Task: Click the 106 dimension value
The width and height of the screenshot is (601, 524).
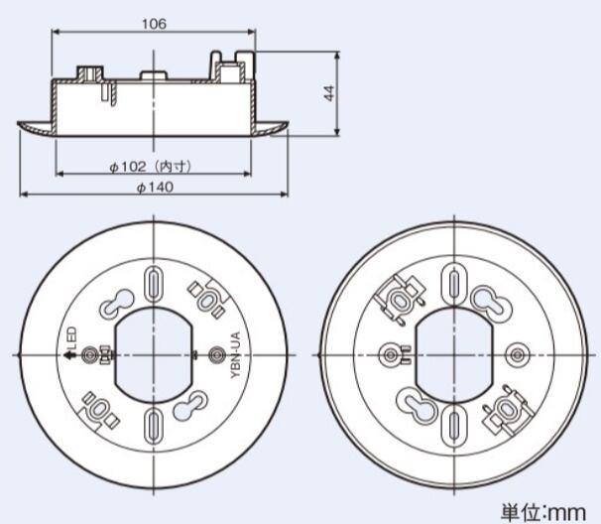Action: coord(155,24)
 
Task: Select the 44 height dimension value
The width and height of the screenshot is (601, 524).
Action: coord(329,93)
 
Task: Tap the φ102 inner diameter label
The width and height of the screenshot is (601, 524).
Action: coord(151,167)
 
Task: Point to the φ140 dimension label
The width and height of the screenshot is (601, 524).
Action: coord(155,188)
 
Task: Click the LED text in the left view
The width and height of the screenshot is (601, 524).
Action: coord(71,337)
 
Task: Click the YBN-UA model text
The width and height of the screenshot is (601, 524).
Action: coord(236,355)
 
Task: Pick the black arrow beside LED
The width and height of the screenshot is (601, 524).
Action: coord(69,355)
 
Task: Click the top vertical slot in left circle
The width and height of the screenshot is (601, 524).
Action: coord(154,284)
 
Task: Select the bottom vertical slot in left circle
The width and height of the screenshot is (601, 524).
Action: coord(154,426)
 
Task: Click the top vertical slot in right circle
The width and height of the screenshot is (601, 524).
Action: coord(454,284)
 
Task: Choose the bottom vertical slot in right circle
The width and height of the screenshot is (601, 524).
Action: coord(454,426)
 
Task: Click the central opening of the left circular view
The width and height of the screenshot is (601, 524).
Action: coord(154,355)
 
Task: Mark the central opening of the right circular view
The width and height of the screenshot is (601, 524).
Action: coord(454,355)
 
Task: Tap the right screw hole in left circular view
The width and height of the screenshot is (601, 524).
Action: coord(216,355)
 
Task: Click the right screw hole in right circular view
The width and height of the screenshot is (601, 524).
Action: coord(517,355)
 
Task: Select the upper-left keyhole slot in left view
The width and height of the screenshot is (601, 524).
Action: coord(117,303)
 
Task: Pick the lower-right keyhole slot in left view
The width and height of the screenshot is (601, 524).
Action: coord(190,407)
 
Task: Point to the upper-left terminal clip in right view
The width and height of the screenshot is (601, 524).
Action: coord(401,299)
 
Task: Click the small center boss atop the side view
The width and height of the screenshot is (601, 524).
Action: coord(154,75)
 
